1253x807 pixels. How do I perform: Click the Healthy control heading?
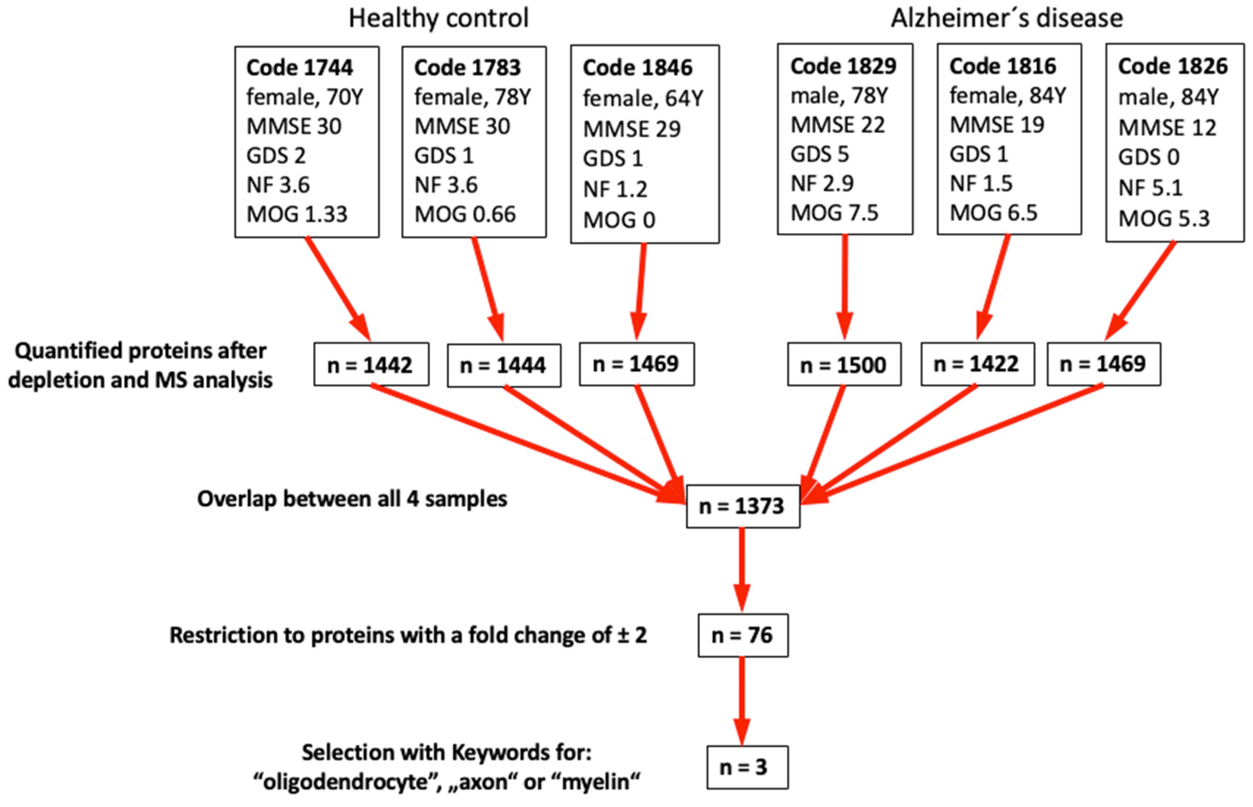click(438, 18)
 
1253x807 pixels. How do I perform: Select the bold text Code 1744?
click(299, 67)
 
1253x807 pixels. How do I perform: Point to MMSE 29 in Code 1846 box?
click(632, 129)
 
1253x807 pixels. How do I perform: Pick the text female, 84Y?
click(1007, 96)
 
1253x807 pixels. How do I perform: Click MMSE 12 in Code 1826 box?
click(1167, 128)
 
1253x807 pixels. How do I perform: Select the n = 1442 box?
click(371, 365)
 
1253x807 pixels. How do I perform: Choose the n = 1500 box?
click(844, 365)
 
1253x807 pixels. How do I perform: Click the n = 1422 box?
click(977, 364)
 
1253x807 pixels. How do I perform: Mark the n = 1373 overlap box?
click(743, 506)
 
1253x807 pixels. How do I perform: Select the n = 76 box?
click(743, 635)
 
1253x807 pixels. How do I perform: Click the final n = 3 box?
click(747, 767)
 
